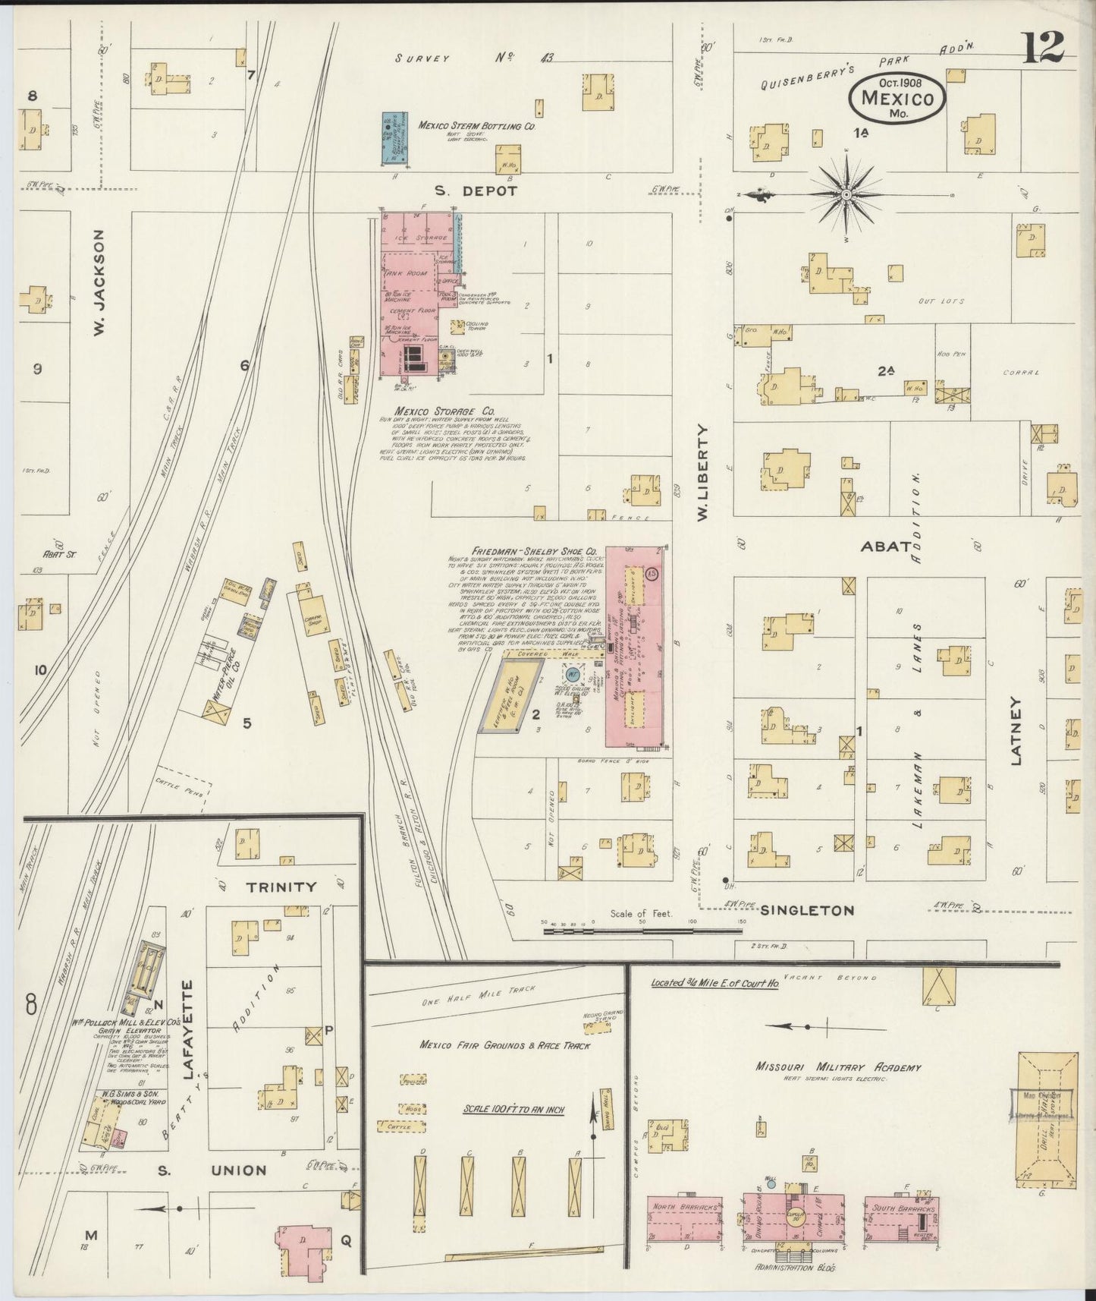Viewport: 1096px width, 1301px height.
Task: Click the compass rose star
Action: click(x=846, y=195)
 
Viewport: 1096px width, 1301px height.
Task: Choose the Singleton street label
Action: click(x=807, y=910)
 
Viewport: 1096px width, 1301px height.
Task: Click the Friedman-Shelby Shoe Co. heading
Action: click(x=534, y=551)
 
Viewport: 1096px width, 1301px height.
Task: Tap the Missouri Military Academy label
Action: click(x=837, y=1066)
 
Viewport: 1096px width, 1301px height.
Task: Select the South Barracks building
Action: click(x=900, y=1218)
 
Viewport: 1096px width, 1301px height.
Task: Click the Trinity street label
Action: click(x=281, y=886)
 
